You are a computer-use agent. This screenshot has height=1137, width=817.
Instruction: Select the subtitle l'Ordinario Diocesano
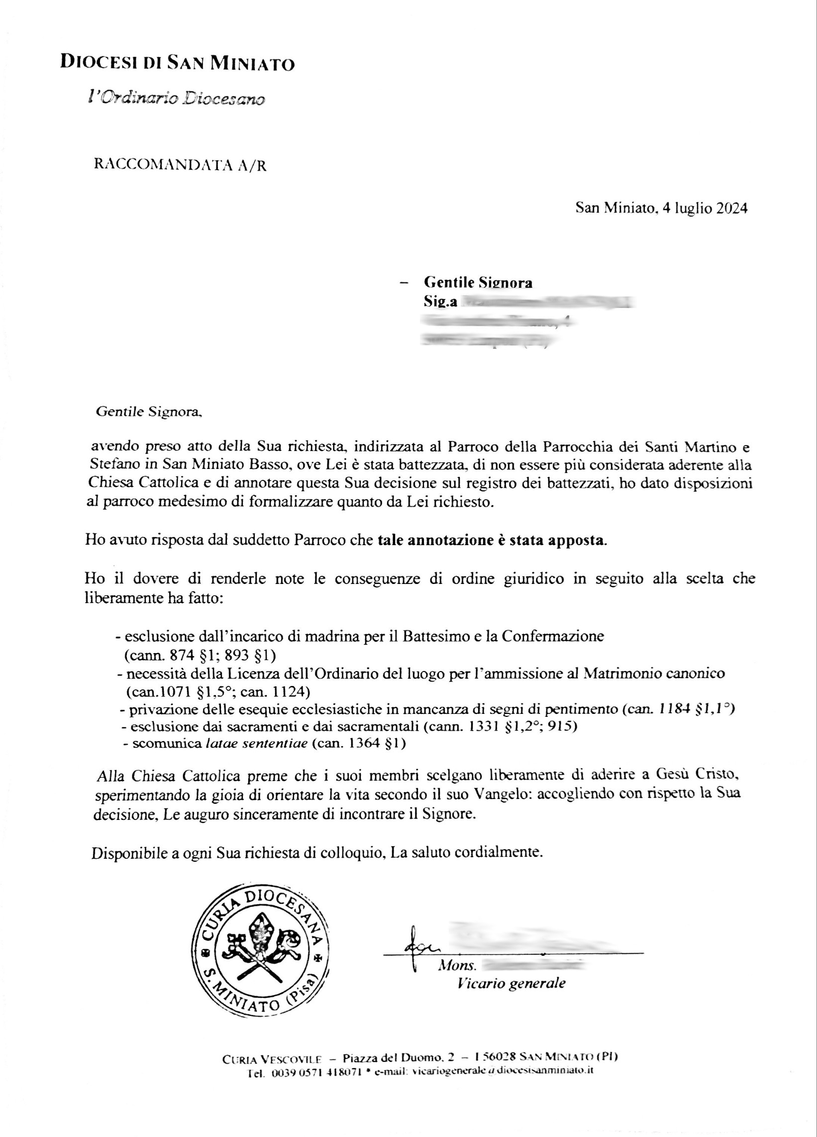coord(176,98)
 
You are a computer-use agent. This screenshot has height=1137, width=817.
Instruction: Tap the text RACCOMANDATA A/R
coord(181,165)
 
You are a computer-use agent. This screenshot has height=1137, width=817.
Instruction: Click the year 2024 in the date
coord(731,208)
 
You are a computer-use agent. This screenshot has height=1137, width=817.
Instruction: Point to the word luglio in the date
coord(693,208)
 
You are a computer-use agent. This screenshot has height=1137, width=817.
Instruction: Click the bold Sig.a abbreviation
coord(439,302)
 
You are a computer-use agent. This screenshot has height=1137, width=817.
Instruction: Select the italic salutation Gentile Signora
coord(148,412)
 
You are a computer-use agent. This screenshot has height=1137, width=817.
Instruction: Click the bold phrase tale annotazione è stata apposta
coord(492,541)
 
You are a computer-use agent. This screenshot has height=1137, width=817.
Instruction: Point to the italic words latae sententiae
coord(256,743)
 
